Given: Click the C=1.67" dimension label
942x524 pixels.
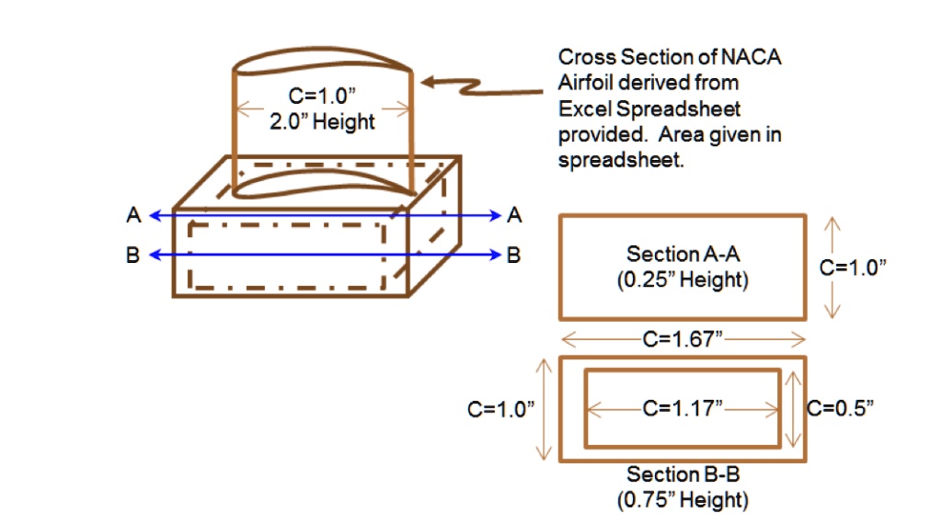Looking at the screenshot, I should [682, 339].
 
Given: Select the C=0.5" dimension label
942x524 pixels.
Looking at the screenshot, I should [839, 408].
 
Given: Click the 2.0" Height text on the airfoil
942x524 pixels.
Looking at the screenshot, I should [322, 121].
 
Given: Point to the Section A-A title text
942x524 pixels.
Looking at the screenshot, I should [682, 254].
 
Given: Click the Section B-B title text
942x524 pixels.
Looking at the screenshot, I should [682, 474].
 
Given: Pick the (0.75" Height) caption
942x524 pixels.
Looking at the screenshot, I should [682, 500].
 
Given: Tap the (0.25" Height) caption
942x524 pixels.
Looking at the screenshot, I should [682, 279].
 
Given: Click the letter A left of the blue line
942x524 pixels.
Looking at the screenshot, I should [134, 216].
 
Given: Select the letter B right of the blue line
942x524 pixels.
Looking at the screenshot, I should [514, 255].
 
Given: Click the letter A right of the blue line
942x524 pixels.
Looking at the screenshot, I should [514, 215].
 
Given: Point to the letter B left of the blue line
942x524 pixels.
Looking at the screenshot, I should [134, 256].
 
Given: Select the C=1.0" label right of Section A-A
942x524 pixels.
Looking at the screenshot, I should [853, 268].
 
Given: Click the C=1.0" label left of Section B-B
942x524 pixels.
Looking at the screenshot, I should [501, 409].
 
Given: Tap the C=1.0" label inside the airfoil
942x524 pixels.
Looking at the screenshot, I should [322, 96].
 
